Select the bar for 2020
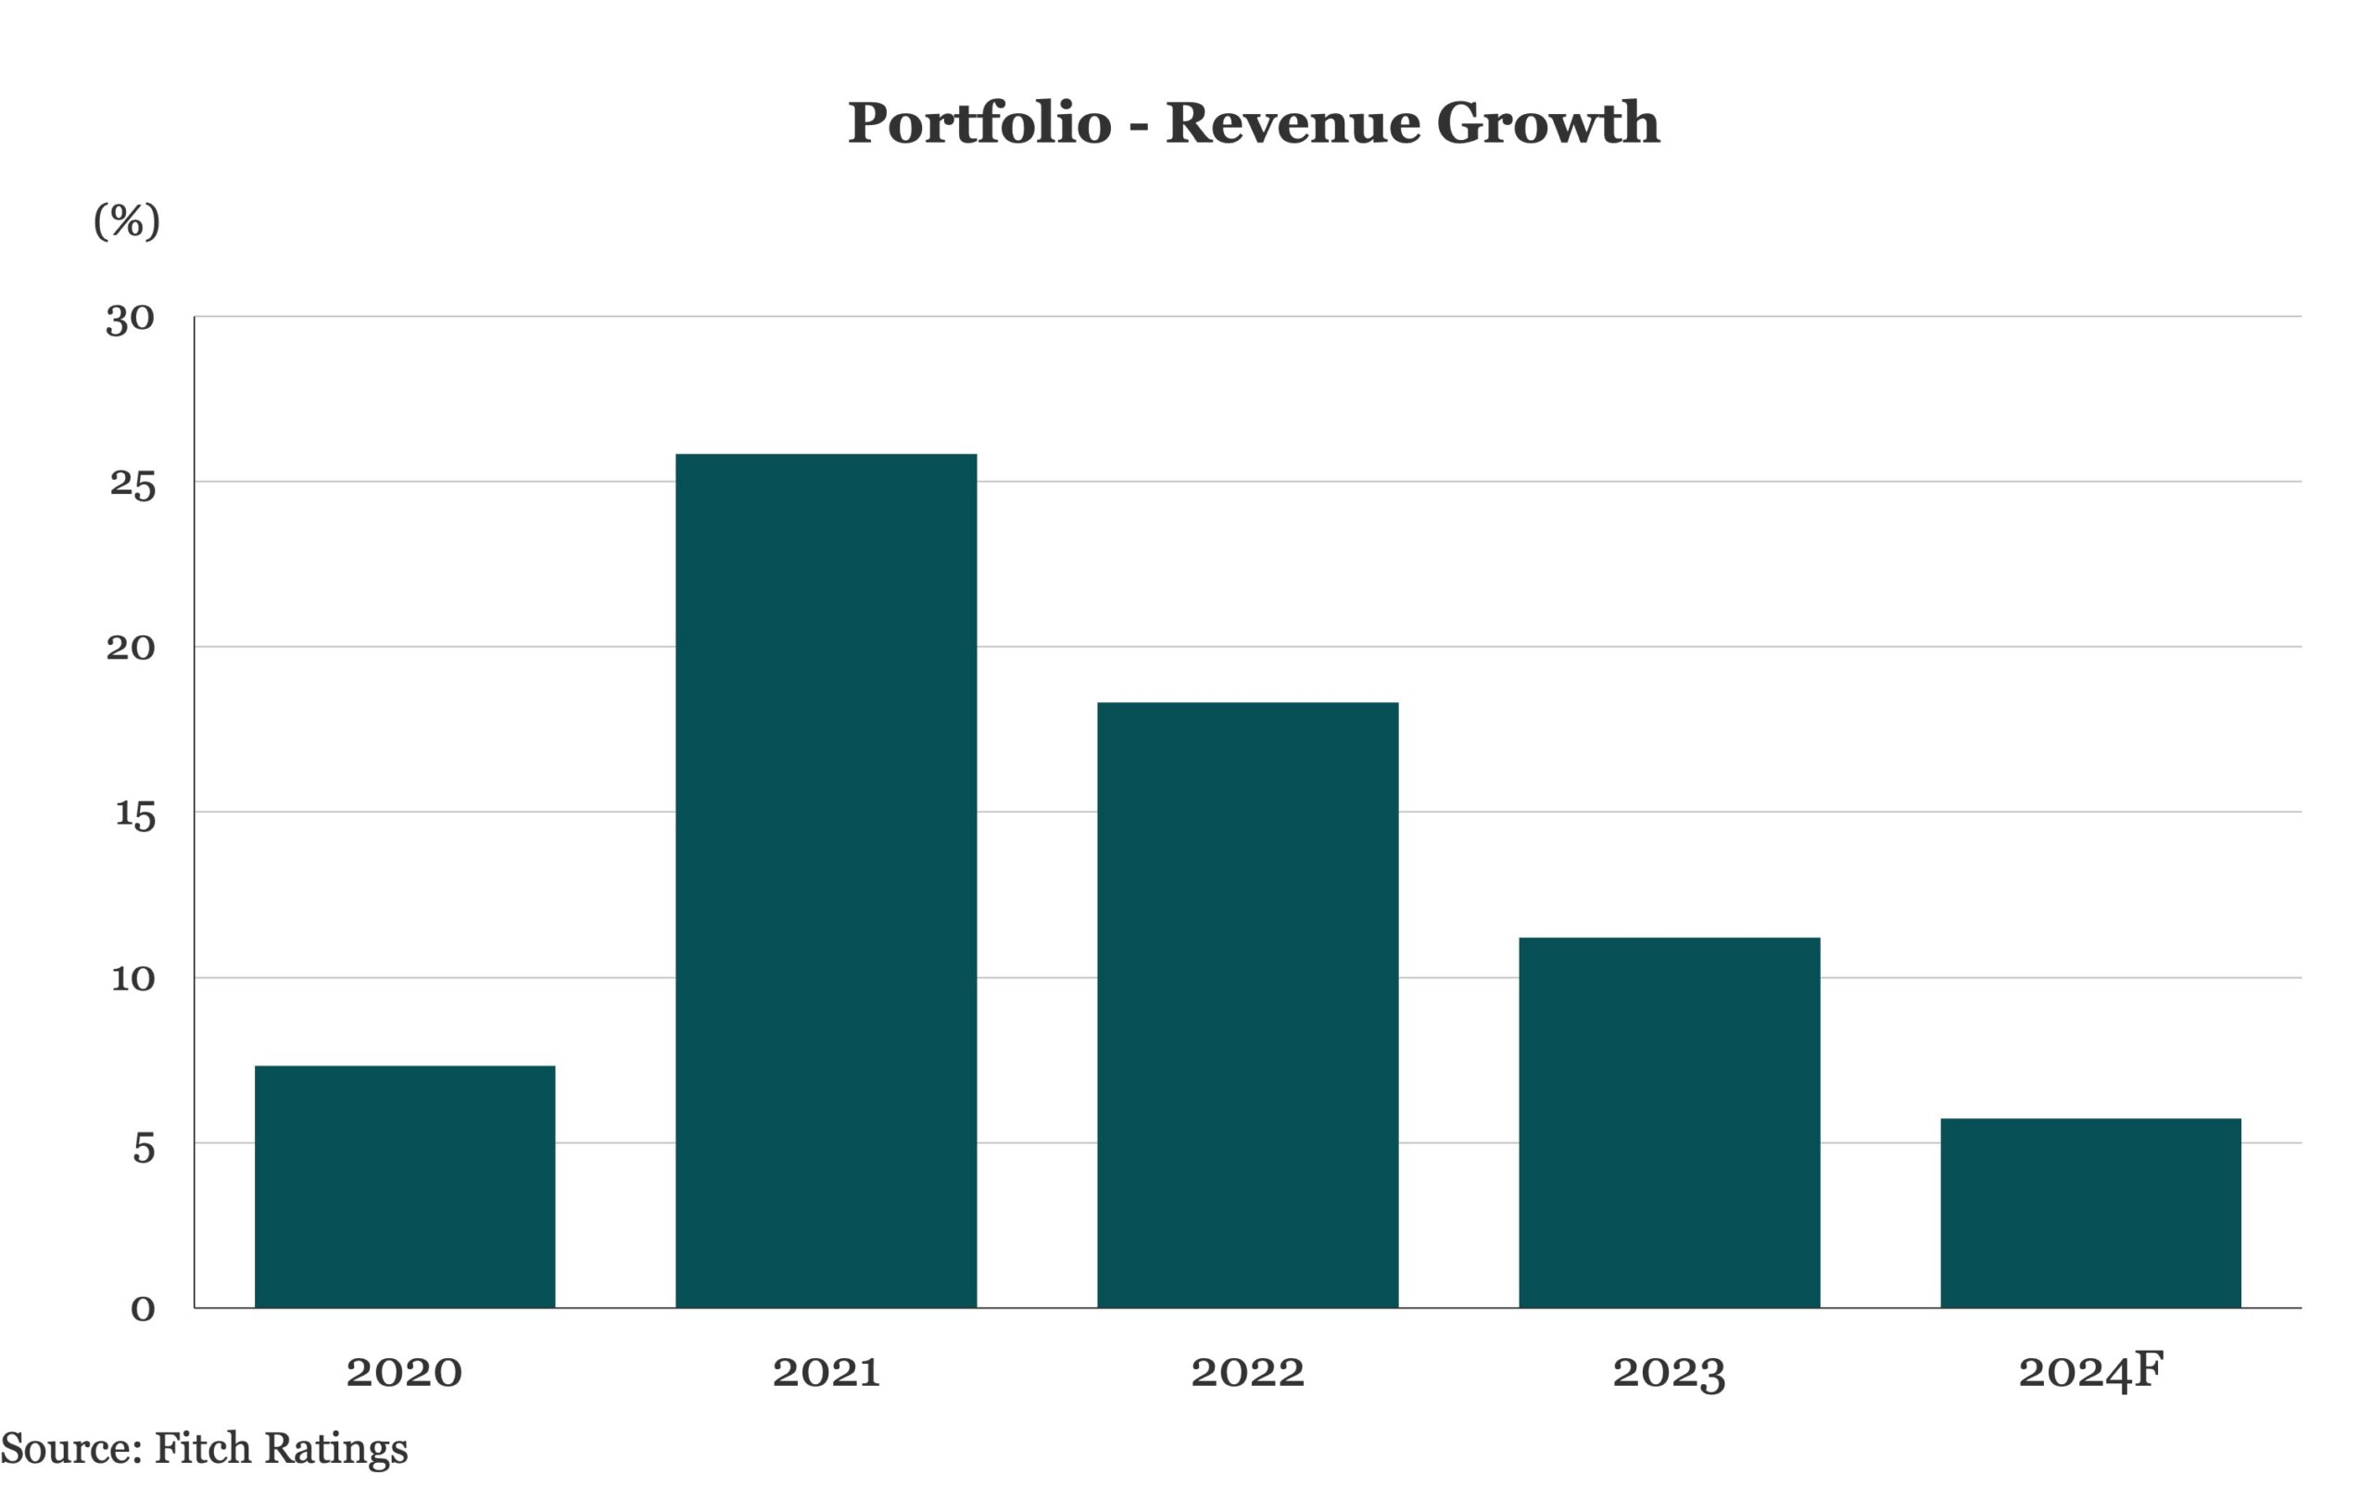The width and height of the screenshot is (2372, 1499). (405, 1187)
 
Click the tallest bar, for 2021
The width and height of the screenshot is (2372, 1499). (826, 880)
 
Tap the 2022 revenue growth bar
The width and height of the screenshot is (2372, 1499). (1247, 1004)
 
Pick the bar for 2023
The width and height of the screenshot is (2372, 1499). (1669, 1123)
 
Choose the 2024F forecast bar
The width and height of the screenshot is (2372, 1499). (2090, 1214)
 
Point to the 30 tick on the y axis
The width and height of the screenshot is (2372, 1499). (131, 318)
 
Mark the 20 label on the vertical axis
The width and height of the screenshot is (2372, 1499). (131, 649)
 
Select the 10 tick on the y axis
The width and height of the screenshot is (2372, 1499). (133, 979)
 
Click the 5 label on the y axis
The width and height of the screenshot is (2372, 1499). (144, 1147)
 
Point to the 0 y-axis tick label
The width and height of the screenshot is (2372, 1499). (143, 1309)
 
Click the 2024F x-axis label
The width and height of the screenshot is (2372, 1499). (2090, 1371)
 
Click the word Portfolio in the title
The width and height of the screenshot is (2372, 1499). (979, 124)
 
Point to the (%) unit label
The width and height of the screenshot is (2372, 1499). (126, 220)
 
